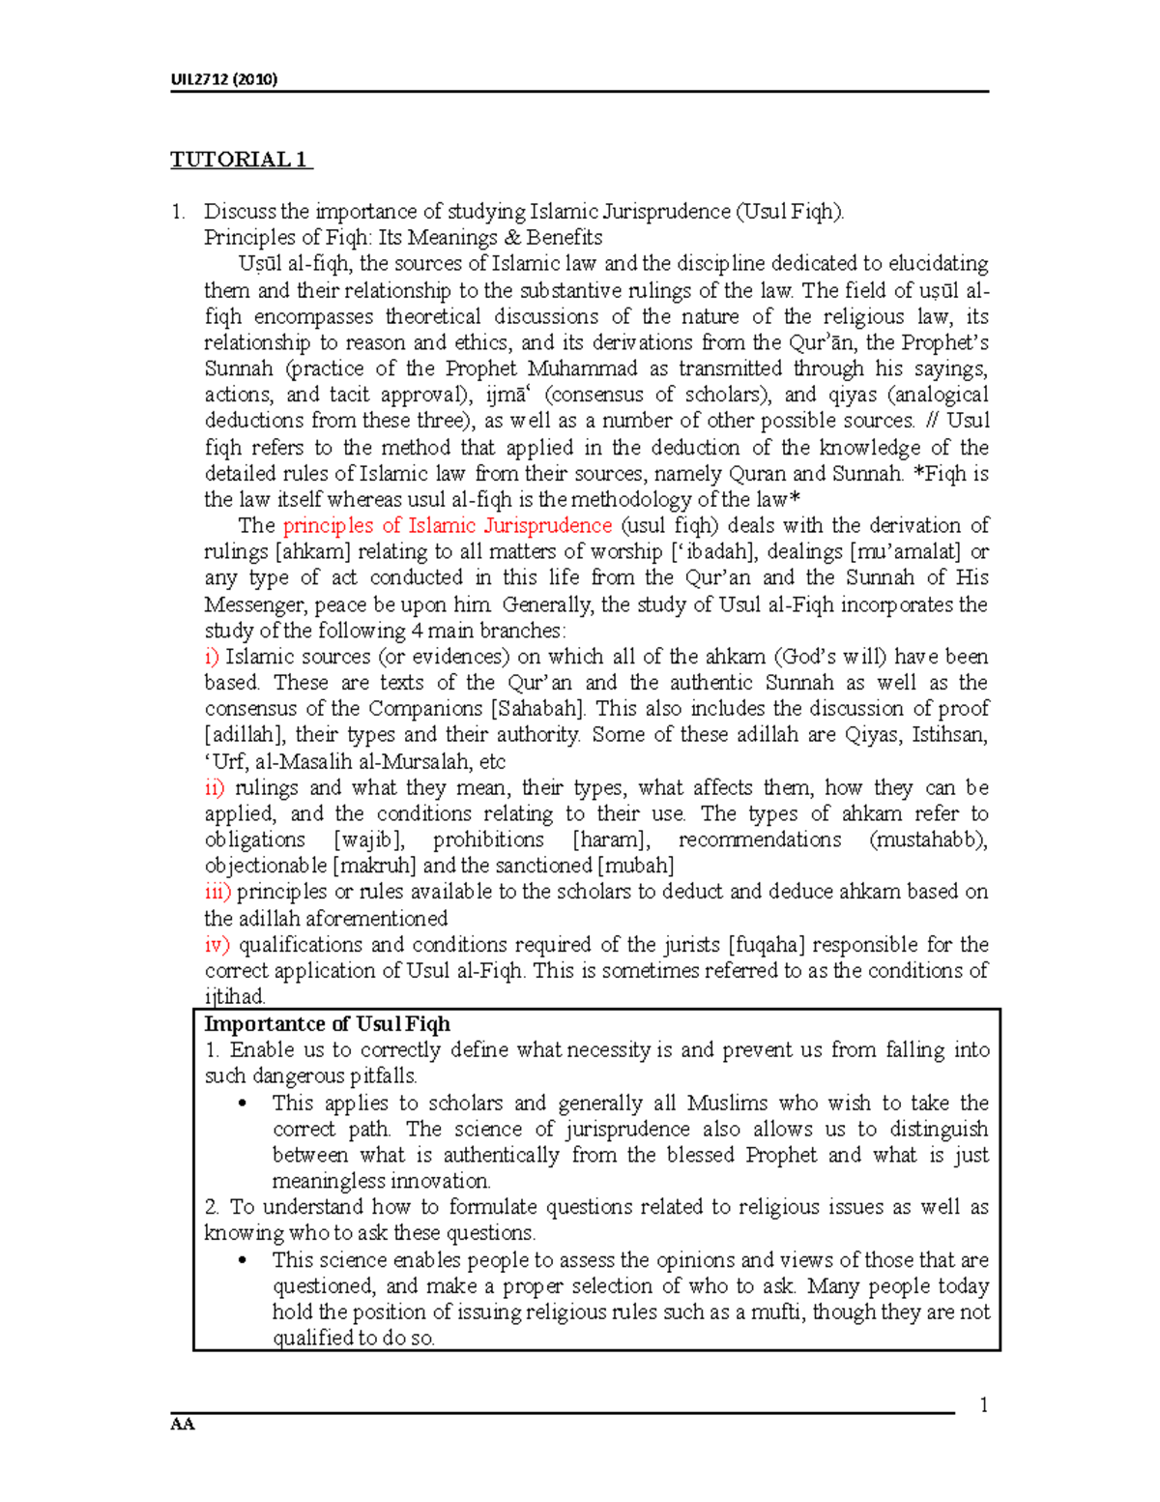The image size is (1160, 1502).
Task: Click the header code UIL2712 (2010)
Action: (x=224, y=79)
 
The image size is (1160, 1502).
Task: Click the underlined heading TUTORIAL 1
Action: (x=241, y=160)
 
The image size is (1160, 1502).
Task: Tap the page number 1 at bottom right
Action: (x=983, y=1405)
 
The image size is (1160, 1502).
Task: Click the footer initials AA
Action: (x=183, y=1425)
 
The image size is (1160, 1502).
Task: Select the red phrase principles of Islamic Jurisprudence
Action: (x=448, y=526)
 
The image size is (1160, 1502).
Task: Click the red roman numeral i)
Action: (x=212, y=657)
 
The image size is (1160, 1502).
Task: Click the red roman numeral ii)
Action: (x=215, y=787)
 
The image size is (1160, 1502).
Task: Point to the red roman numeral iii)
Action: (x=217, y=892)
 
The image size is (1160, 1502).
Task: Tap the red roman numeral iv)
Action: (x=217, y=944)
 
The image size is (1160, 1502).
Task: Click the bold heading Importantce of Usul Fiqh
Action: (x=327, y=1024)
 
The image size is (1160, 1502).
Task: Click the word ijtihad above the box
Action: (x=234, y=996)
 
